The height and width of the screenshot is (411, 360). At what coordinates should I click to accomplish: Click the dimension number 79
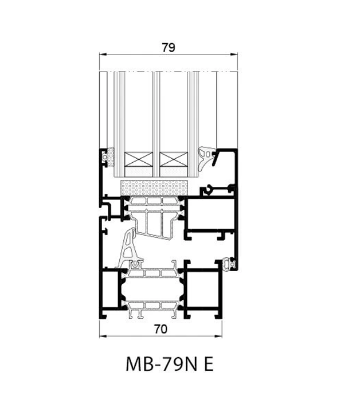[x=168, y=48]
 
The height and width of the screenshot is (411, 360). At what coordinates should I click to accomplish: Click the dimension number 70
[x=161, y=329]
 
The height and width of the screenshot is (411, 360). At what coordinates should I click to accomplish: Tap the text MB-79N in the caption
[x=154, y=365]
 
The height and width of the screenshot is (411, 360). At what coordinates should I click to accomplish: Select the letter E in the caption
[x=208, y=365]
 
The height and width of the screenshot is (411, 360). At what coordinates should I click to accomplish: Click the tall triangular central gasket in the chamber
[x=128, y=249]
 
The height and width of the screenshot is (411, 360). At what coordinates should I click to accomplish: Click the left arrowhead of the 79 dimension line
[x=102, y=55]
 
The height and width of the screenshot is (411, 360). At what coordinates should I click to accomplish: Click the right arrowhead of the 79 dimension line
[x=236, y=55]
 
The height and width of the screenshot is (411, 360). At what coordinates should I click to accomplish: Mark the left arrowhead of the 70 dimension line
[x=102, y=336]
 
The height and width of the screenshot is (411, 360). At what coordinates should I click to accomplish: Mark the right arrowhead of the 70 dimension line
[x=220, y=336]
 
